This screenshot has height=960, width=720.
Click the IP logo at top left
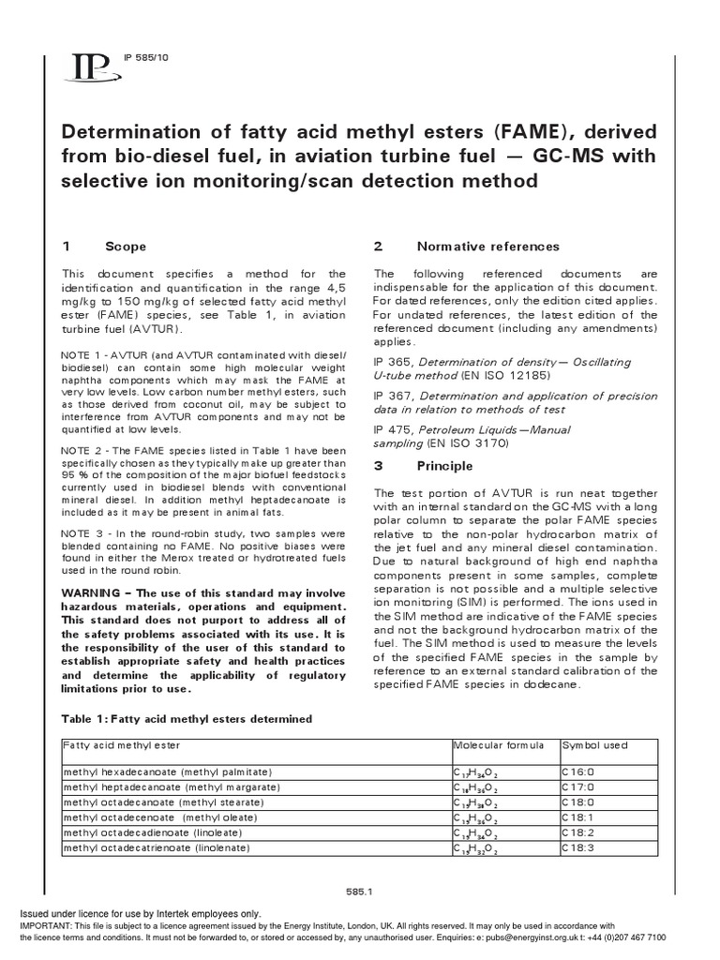90,67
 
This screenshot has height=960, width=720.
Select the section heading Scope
126,247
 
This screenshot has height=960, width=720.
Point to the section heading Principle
445,466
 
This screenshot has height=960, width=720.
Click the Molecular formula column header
498,744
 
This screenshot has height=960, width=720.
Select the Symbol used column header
594,744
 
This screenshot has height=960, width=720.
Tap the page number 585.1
360,892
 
